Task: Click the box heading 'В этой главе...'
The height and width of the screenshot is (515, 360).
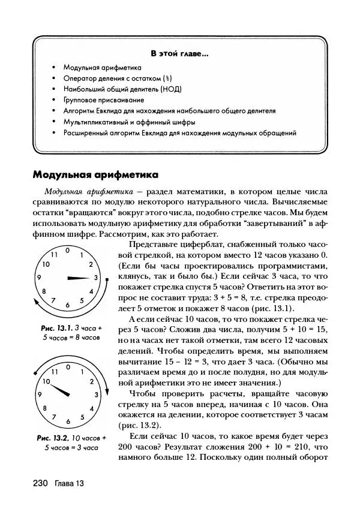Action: pyautogui.click(x=180, y=55)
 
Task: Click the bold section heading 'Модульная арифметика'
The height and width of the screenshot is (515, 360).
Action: pyautogui.click(x=95, y=175)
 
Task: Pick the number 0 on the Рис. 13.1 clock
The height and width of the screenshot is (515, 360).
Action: pyautogui.click(x=67, y=249)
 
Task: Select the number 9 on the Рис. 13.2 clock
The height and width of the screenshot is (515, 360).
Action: pyautogui.click(x=39, y=394)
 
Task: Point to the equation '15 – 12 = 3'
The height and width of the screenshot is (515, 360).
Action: pyautogui.click(x=176, y=362)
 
